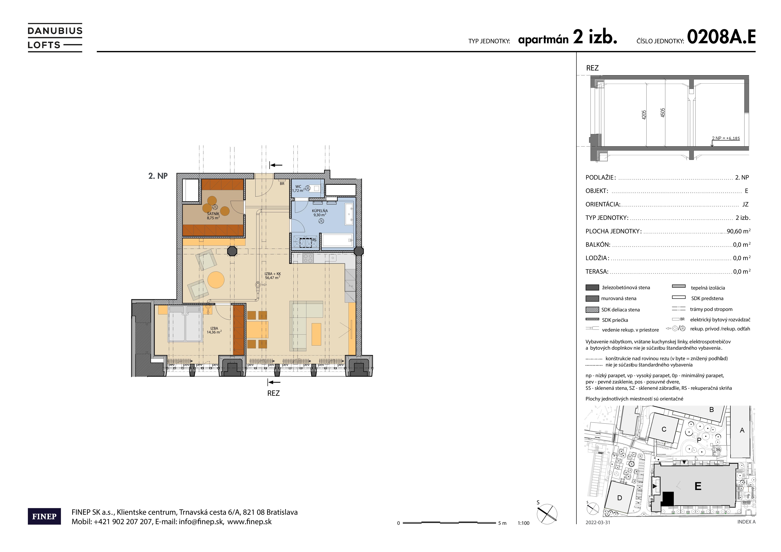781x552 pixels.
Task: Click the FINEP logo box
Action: tap(44, 516)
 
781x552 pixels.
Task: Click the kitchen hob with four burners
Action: tap(308, 258)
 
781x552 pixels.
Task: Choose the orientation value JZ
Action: tap(745, 204)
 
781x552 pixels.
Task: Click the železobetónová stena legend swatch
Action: tap(592, 287)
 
